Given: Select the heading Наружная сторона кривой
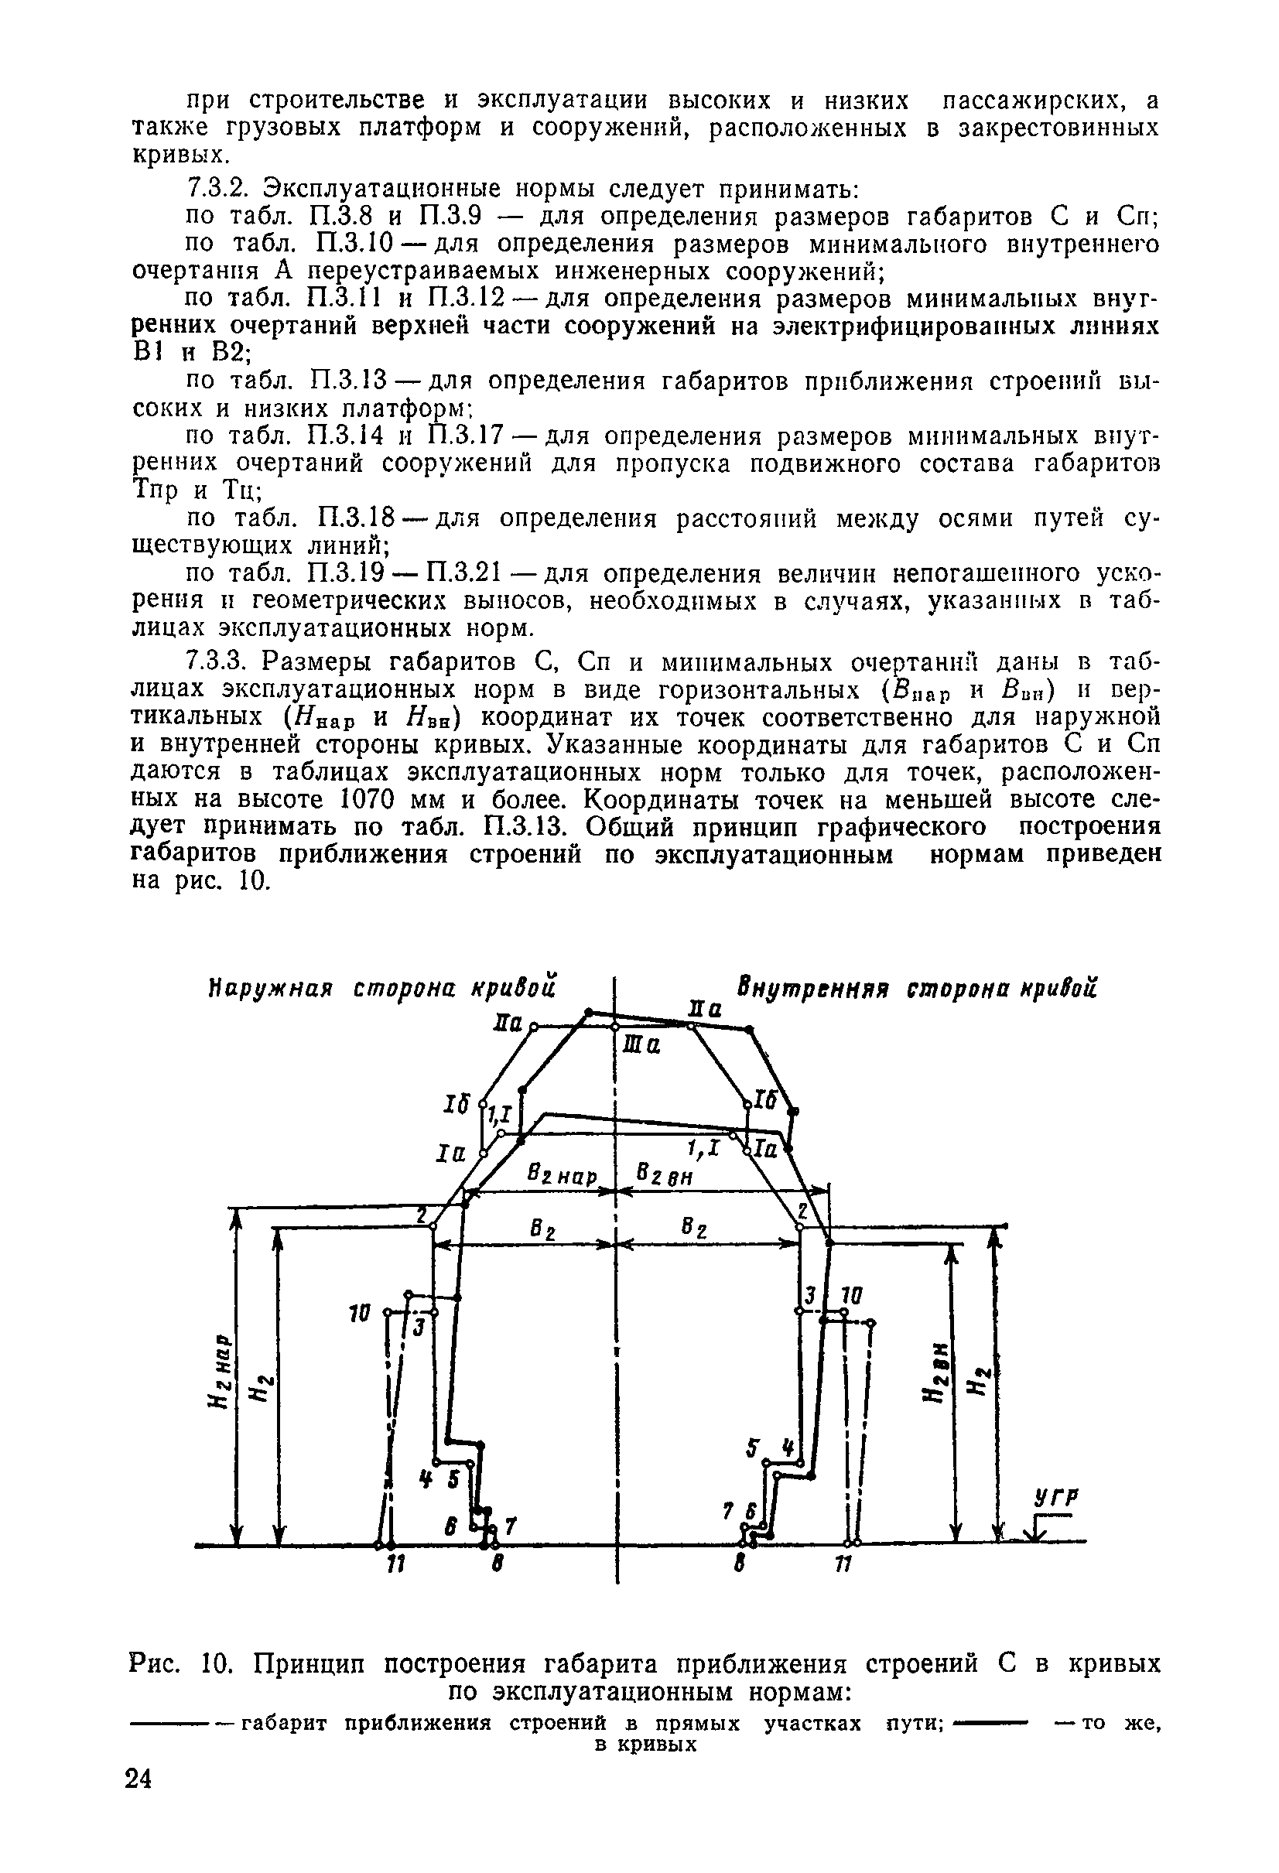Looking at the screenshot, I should (x=382, y=988).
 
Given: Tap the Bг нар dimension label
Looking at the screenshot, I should (x=562, y=1176).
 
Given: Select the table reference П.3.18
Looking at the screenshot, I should (x=357, y=518).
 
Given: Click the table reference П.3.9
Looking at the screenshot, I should (x=450, y=216).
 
